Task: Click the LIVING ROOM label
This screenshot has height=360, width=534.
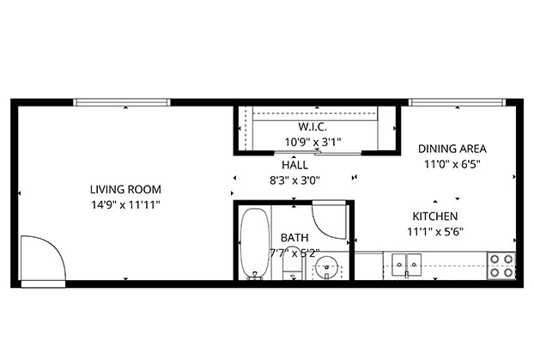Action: tap(125, 189)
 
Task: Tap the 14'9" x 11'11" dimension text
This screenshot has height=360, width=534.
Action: tap(125, 204)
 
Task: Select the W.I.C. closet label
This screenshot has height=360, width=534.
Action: tap(313, 127)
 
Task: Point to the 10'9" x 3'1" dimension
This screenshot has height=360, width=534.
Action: tap(313, 142)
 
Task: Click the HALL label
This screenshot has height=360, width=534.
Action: tap(295, 165)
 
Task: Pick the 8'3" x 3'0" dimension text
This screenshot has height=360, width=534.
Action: tap(295, 180)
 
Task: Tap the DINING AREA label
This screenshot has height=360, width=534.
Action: tap(452, 149)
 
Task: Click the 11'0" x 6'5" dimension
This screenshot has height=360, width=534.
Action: tap(452, 164)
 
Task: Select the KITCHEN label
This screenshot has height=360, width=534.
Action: tap(435, 217)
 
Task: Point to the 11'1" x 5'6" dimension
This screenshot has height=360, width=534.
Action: tap(435, 232)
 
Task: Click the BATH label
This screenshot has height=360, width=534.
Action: tap(294, 237)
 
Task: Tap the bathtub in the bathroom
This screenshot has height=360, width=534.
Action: tap(254, 243)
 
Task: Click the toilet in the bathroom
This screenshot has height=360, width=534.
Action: tap(293, 263)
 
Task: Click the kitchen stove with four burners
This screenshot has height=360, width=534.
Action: tap(501, 265)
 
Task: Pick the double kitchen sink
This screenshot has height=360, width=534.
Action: tap(406, 265)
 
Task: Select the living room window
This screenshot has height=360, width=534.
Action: tap(122, 102)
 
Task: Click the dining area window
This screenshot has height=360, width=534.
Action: tap(457, 102)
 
